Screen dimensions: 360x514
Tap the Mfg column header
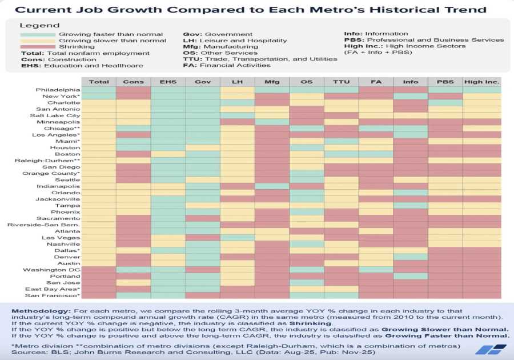(x=272, y=82)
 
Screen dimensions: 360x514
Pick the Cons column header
(x=133, y=82)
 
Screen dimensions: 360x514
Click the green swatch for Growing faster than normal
(x=37, y=34)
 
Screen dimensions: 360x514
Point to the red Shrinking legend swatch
(x=37, y=47)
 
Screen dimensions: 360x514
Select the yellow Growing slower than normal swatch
(x=37, y=41)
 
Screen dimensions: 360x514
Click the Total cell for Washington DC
(x=99, y=270)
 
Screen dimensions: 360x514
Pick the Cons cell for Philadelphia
(x=133, y=90)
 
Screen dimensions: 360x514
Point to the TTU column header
(x=342, y=82)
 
